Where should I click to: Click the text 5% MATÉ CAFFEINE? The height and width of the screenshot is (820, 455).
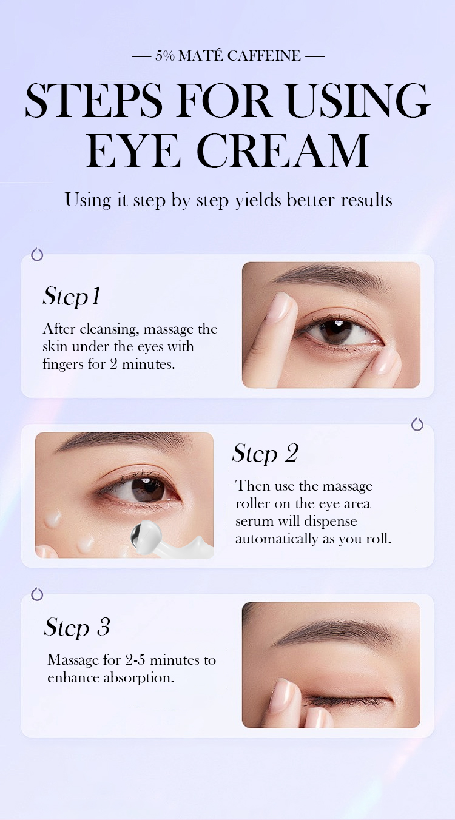point(227,56)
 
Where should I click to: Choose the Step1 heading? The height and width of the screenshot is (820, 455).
point(72,297)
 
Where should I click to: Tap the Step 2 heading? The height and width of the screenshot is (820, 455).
point(265,453)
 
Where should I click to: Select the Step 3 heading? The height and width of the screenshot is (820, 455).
point(77,627)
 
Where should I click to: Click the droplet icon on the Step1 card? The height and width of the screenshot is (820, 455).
point(37,254)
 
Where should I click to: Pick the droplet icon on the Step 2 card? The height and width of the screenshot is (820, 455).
point(417,424)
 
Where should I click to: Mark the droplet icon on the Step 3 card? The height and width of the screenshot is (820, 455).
point(37,594)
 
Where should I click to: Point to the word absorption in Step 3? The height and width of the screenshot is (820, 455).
point(138,677)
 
